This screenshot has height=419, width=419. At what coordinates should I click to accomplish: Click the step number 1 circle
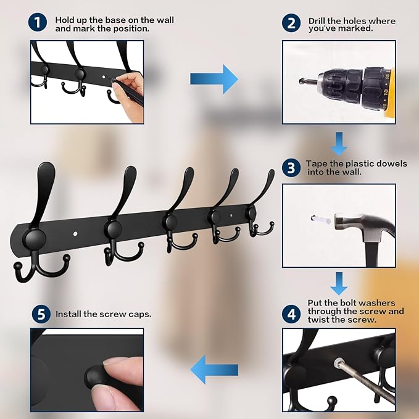pyautogui.click(x=38, y=23)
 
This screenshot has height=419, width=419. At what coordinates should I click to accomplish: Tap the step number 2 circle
pyautogui.click(x=291, y=23)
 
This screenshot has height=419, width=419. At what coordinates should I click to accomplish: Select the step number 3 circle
pyautogui.click(x=291, y=168)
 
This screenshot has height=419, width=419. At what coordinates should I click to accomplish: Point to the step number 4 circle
pyautogui.click(x=291, y=314)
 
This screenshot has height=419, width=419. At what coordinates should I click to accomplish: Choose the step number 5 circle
pyautogui.click(x=41, y=314)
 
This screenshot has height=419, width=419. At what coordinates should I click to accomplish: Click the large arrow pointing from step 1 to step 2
pyautogui.click(x=214, y=79)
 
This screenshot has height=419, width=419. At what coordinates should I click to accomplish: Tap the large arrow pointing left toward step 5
pyautogui.click(x=214, y=370)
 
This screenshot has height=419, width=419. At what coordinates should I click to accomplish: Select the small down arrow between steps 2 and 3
pyautogui.click(x=339, y=144)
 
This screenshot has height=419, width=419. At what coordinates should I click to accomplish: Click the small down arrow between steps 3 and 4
pyautogui.click(x=339, y=284)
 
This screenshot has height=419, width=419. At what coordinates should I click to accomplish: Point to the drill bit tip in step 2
pyautogui.click(x=301, y=80)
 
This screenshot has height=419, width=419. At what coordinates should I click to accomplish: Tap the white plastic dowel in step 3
pyautogui.click(x=321, y=220)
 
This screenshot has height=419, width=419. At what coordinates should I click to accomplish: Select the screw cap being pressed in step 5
pyautogui.click(x=94, y=376)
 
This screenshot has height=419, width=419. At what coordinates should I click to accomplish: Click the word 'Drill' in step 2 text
pyautogui.click(x=318, y=21)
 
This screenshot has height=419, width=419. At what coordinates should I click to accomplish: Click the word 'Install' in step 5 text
pyautogui.click(x=68, y=314)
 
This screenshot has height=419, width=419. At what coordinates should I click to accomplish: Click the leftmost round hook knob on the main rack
pyautogui.click(x=34, y=239)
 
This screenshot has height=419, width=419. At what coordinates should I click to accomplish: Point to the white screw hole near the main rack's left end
pyautogui.click(x=75, y=234)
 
